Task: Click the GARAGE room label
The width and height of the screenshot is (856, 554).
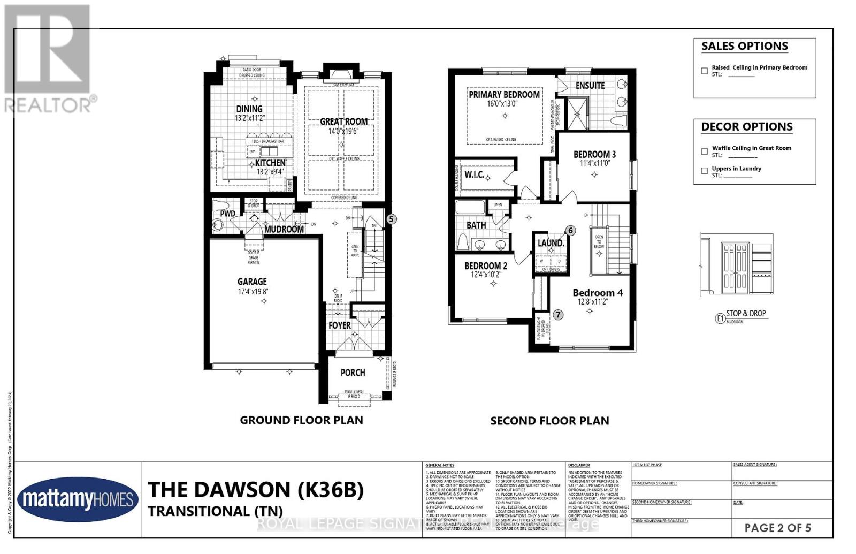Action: (x=252, y=282)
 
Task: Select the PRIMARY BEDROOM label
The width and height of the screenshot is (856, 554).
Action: (x=504, y=95)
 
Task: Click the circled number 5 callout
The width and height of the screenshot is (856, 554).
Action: (x=392, y=219)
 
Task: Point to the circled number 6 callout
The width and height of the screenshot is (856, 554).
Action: (x=570, y=231)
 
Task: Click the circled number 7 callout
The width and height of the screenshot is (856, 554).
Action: (x=558, y=315)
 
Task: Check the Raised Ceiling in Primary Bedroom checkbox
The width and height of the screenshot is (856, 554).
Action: (x=704, y=71)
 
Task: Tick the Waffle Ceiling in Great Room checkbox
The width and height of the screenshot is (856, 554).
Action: (x=704, y=151)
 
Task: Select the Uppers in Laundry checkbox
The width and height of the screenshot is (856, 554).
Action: (x=704, y=171)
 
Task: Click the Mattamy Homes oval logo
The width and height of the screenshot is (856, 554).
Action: (x=75, y=500)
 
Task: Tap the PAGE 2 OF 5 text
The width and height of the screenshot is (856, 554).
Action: (x=777, y=528)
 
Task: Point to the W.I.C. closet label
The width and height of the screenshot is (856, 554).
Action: (x=474, y=175)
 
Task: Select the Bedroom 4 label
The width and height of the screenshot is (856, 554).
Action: (x=597, y=293)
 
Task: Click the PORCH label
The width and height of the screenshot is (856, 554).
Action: (x=353, y=373)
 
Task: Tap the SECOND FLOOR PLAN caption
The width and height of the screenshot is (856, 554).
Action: (x=549, y=421)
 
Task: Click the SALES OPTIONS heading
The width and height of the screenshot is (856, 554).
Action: (x=744, y=47)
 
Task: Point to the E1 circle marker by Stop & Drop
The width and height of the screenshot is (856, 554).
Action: (x=720, y=318)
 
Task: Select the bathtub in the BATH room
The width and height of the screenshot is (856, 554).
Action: (x=470, y=208)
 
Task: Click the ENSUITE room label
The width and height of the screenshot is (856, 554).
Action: (x=590, y=86)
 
